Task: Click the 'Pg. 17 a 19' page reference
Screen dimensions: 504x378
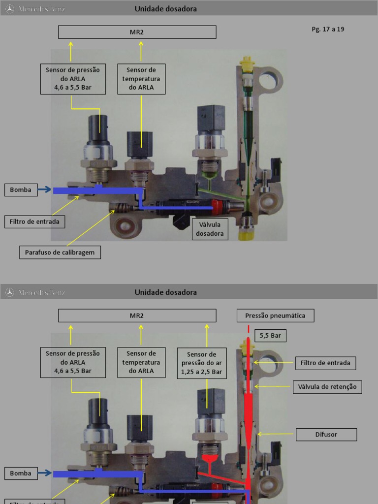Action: [x=328, y=29]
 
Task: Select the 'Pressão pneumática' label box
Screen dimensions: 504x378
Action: [x=275, y=315]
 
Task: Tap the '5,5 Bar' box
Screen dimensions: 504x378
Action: [x=270, y=336]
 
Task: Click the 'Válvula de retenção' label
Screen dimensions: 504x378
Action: [x=327, y=387]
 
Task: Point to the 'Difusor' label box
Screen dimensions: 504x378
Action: [x=326, y=435]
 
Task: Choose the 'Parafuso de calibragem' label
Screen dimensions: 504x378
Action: [x=60, y=252]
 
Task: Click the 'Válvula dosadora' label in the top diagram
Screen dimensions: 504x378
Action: [x=210, y=229]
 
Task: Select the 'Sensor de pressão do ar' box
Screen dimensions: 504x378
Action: [x=202, y=363]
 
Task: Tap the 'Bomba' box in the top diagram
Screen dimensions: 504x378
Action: [x=21, y=189]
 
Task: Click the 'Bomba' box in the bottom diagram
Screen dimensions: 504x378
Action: [x=21, y=473]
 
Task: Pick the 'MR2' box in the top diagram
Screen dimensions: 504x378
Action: [x=137, y=32]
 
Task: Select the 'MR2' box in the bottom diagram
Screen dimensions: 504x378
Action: [x=137, y=315]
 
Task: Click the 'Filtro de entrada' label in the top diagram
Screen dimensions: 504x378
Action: [x=34, y=221]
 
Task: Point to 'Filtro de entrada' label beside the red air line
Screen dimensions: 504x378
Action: [x=325, y=363]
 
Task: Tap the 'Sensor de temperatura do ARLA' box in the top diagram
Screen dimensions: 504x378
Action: [x=141, y=79]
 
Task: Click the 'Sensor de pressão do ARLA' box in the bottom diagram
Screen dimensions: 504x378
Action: [x=73, y=362]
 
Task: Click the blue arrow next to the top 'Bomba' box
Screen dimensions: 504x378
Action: [x=45, y=189]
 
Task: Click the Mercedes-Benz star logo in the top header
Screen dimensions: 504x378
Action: [x=9, y=8]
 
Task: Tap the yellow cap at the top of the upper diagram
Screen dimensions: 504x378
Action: [x=246, y=62]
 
